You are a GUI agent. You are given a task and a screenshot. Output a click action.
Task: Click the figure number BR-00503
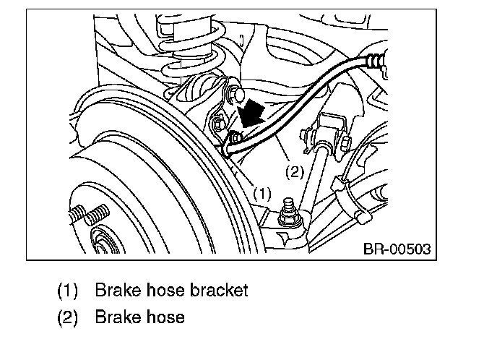click(396, 249)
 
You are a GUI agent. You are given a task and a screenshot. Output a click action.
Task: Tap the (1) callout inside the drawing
click(262, 194)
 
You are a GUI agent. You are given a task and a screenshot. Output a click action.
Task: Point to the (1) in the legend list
click(68, 291)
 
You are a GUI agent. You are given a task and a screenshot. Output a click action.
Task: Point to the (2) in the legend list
click(68, 317)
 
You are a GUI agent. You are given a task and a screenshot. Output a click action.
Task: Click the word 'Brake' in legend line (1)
click(116, 291)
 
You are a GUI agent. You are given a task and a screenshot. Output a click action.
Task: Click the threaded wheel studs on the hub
click(87, 217)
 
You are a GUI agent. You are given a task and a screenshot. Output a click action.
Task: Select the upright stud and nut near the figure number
click(290, 210)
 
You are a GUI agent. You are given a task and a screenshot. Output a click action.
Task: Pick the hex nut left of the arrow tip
click(220, 128)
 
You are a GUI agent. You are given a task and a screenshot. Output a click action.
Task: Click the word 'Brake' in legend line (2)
click(116, 317)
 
